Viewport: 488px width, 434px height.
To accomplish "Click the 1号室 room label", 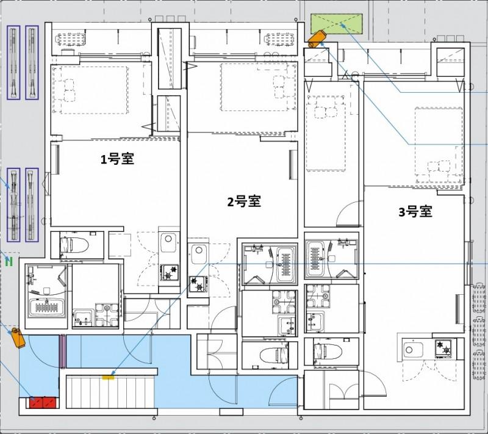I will pyautogui.click(x=117, y=160).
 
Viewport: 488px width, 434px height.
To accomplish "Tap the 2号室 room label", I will pyautogui.click(x=244, y=201).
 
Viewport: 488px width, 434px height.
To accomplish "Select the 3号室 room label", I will pyautogui.click(x=415, y=212).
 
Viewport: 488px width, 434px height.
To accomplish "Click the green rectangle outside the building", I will pyautogui.click(x=337, y=23).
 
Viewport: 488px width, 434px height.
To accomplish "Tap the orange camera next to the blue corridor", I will pyautogui.click(x=16, y=336).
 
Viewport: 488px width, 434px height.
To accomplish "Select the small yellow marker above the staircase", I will pyautogui.click(x=109, y=377).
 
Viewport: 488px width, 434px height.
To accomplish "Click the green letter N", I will pyautogui.click(x=9, y=262).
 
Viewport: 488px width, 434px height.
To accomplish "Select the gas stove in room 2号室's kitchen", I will pyautogui.click(x=198, y=283).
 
